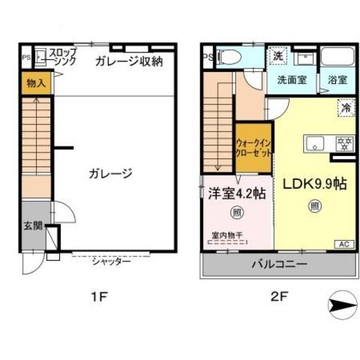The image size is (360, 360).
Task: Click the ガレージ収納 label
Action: pyautogui.click(x=128, y=61)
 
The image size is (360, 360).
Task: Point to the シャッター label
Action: pyautogui.click(x=112, y=261)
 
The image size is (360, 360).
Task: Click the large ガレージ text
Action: pyautogui.click(x=112, y=173)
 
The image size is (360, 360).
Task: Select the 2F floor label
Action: pyautogui.click(x=279, y=297)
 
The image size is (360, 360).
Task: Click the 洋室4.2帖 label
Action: pyautogui.click(x=235, y=193)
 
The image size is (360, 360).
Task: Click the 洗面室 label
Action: pyautogui.click(x=291, y=79)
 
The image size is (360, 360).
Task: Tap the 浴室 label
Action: pyautogui.click(x=337, y=79)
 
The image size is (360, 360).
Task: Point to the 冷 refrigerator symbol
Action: pyautogui.click(x=346, y=107)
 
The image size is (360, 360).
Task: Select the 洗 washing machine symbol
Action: pyautogui.click(x=277, y=55)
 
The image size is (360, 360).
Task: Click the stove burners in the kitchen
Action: pyautogui.click(x=345, y=142)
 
